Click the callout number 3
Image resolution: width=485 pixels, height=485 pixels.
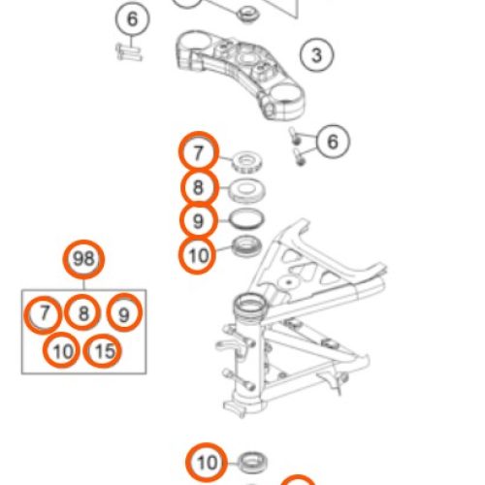point(316,55)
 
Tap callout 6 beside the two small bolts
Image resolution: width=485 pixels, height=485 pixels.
point(333,143)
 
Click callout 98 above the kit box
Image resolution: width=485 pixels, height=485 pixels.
point(83,260)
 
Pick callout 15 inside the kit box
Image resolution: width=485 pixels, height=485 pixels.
point(104,350)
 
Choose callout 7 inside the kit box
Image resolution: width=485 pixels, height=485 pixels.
point(42,313)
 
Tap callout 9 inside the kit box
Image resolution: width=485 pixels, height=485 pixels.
point(124,313)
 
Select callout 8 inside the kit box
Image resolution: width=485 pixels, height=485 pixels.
point(83,313)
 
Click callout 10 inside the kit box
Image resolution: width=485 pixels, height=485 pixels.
point(62,350)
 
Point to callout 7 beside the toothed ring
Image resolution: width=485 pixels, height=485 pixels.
point(198,152)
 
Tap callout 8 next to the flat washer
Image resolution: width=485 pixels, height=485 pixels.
point(198,186)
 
